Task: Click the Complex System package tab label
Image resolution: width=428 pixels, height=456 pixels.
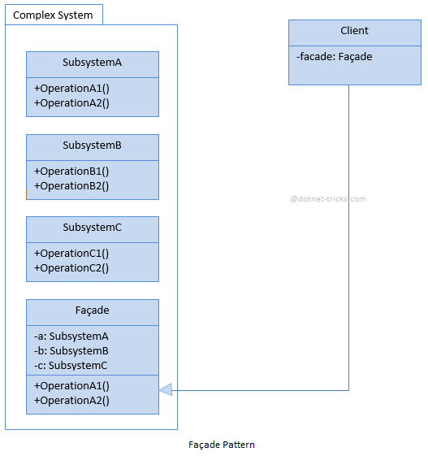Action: pyautogui.click(x=53, y=15)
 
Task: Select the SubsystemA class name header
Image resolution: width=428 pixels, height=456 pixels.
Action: pyautogui.click(x=92, y=63)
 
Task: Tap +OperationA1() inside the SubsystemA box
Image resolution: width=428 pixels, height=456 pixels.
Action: pyautogui.click(x=71, y=88)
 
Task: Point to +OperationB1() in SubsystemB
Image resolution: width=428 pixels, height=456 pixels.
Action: pyautogui.click(x=71, y=171)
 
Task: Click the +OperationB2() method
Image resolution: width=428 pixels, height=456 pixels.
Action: pyautogui.click(x=71, y=185)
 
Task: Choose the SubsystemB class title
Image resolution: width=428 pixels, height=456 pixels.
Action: pyautogui.click(x=92, y=145)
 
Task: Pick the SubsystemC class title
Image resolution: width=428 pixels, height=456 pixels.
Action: pyautogui.click(x=92, y=228)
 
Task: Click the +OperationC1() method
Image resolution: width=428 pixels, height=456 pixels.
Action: pyautogui.click(x=71, y=253)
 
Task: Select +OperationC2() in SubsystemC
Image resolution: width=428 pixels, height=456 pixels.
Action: pyautogui.click(x=71, y=267)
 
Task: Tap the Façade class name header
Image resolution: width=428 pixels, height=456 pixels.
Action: pyautogui.click(x=92, y=311)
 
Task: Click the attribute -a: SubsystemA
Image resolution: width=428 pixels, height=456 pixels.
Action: pyautogui.click(x=71, y=336)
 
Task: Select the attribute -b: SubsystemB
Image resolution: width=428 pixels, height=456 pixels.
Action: pyautogui.click(x=71, y=350)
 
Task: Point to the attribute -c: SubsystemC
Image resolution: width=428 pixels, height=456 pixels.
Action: pyautogui.click(x=71, y=365)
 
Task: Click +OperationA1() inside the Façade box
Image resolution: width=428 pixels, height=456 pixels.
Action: pyautogui.click(x=71, y=385)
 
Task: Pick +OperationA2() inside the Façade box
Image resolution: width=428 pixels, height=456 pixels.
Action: pyautogui.click(x=71, y=400)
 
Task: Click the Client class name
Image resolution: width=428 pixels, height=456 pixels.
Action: pyautogui.click(x=354, y=31)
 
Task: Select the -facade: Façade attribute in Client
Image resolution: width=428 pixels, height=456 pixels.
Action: pyautogui.click(x=335, y=57)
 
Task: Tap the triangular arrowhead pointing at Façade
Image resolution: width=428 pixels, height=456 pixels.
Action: pyautogui.click(x=166, y=390)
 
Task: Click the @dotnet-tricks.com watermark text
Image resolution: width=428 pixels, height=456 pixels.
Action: pyautogui.click(x=328, y=198)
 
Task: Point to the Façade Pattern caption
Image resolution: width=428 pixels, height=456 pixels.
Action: pyautogui.click(x=222, y=445)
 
